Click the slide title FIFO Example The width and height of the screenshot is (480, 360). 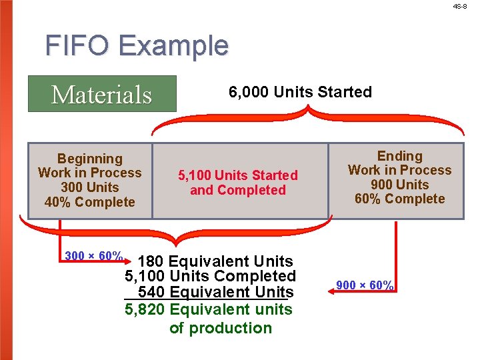coord(137,46)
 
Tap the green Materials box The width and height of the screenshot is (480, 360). coord(102,94)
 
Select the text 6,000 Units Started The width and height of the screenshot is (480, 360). coord(300,92)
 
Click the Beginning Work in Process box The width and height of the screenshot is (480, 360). coord(90,181)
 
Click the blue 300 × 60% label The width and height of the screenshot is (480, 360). coord(93,256)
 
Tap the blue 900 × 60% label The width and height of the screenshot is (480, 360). coord(365,285)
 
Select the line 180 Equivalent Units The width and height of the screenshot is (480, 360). coord(215,261)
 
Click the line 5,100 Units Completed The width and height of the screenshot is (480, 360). coord(210,276)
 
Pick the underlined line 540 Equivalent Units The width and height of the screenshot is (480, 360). coord(215,292)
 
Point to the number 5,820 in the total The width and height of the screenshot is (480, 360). coord(145,309)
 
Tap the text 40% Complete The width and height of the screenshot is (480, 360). coord(90,202)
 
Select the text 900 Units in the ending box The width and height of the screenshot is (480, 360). coord(399,185)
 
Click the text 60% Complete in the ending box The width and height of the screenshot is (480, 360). coord(399,199)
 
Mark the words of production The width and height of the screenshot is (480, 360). coord(221,328)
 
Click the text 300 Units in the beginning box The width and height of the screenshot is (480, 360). coord(90,187)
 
